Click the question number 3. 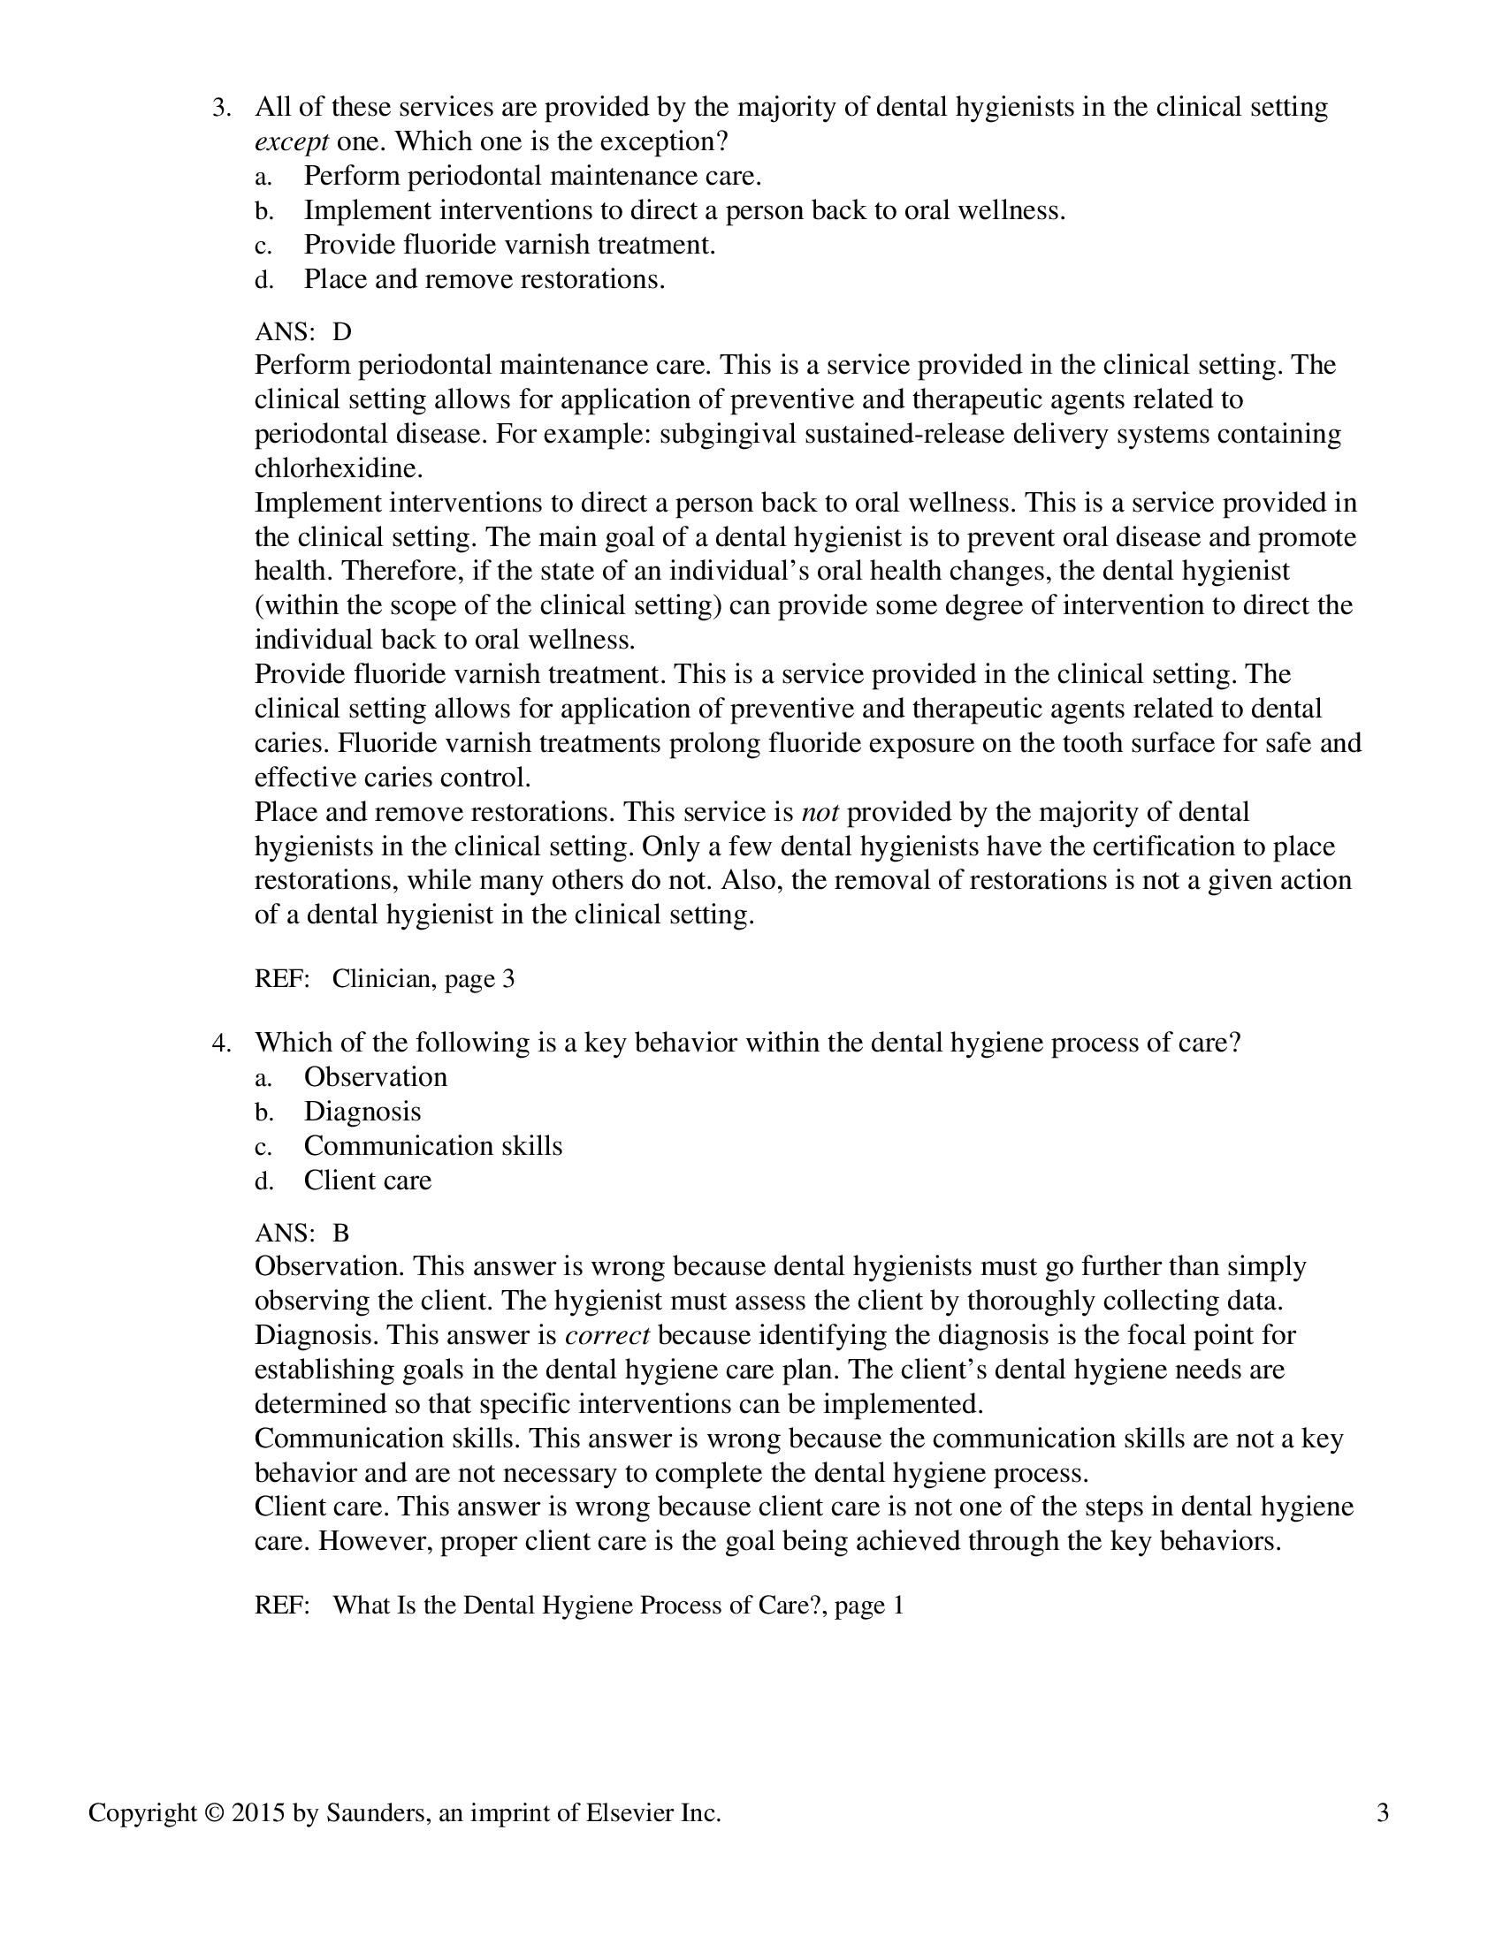coord(220,109)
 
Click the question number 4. coord(220,1044)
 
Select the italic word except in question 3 coord(291,142)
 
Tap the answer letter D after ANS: coord(342,332)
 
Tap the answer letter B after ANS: coord(341,1233)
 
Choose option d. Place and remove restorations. coord(484,279)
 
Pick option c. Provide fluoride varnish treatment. coord(509,245)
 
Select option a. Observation coord(375,1077)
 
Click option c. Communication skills coord(432,1145)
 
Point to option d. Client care coord(367,1181)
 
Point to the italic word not coord(820,812)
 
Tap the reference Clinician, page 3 coord(423,979)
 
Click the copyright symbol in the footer coord(214,1813)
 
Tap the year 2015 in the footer coord(257,1813)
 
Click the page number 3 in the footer coord(1382,1813)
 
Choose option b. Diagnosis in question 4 coord(362,1112)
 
